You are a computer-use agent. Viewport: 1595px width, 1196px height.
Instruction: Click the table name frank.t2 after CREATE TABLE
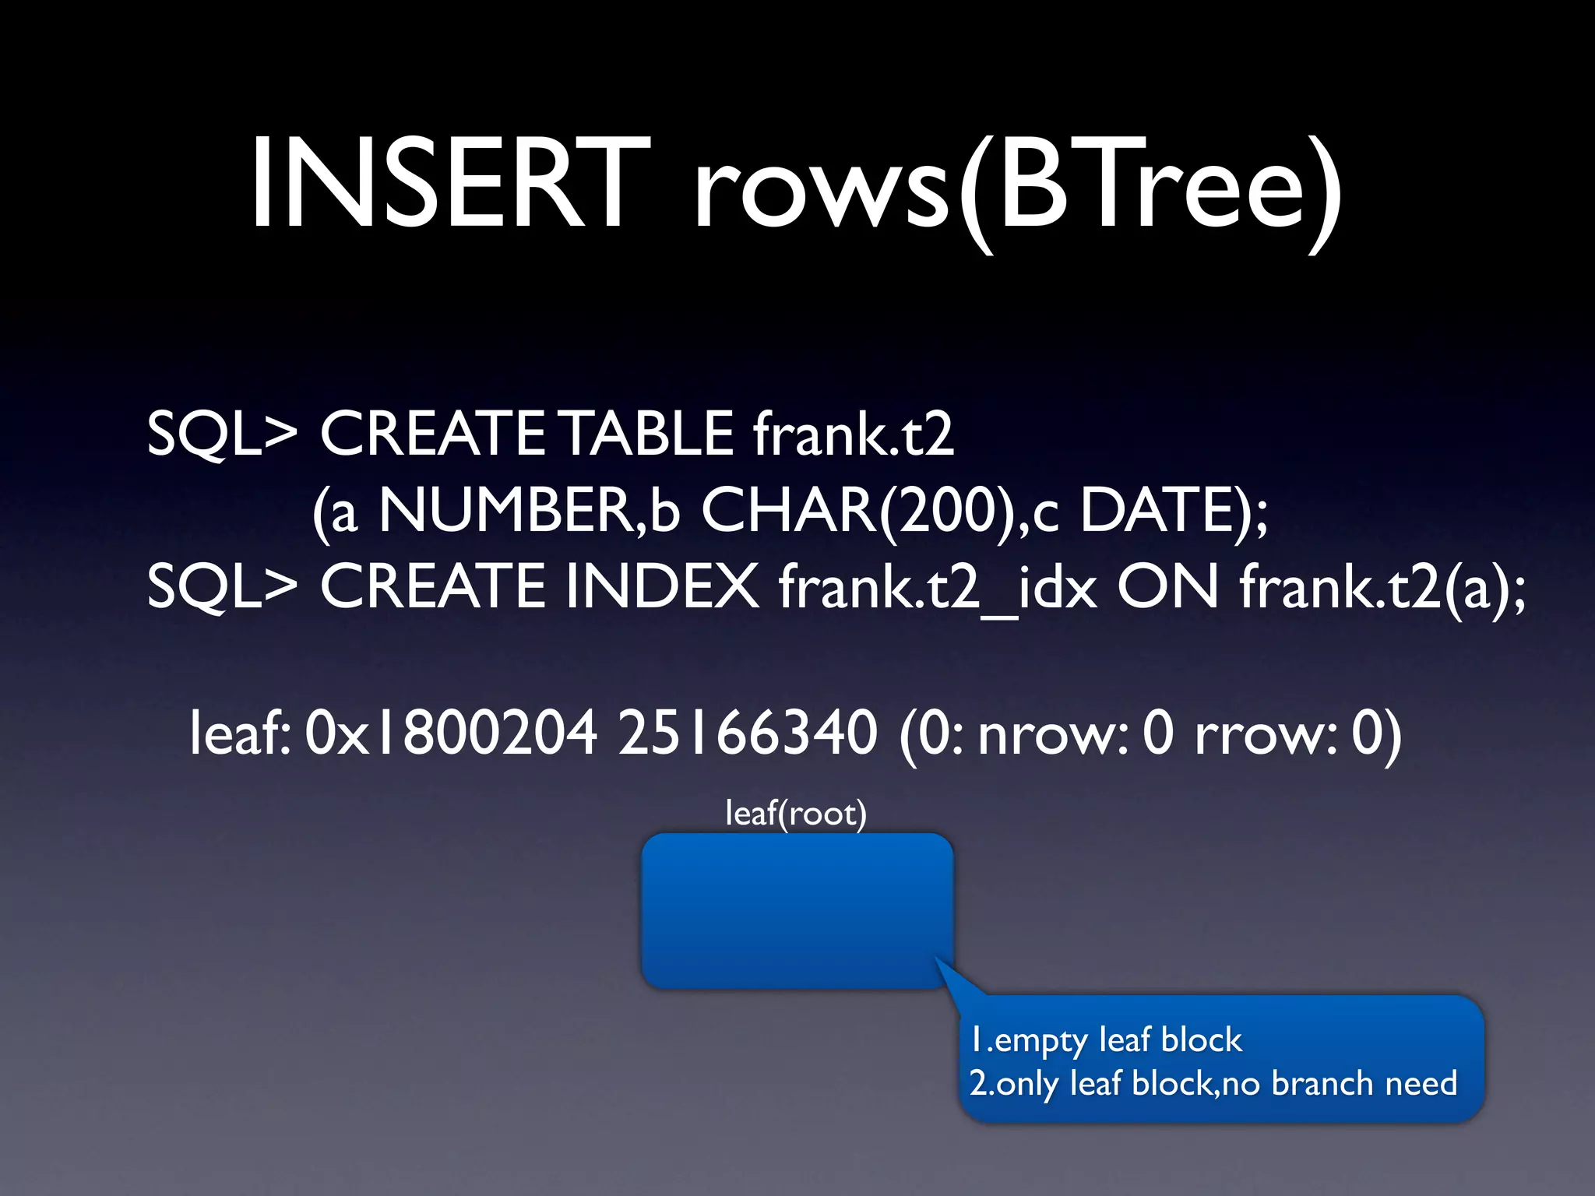click(x=853, y=434)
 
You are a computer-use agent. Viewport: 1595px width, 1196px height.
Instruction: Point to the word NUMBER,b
click(x=529, y=510)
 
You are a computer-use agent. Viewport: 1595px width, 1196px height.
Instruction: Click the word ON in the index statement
click(x=1167, y=586)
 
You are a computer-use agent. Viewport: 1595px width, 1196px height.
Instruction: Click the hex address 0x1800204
click(x=452, y=733)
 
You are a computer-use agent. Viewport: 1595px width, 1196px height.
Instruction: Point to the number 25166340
click(x=748, y=733)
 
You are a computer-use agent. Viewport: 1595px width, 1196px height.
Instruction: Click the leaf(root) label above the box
click(x=796, y=814)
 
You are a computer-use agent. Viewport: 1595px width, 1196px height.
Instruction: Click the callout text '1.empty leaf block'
click(x=1106, y=1040)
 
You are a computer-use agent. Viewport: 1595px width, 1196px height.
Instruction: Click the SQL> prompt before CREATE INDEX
click(x=222, y=586)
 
